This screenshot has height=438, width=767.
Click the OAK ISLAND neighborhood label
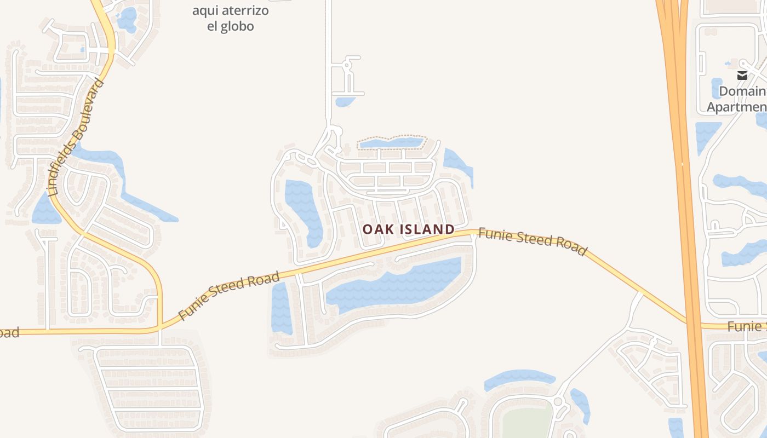pyautogui.click(x=409, y=229)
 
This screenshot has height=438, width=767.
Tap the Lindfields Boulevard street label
pyautogui.click(x=76, y=138)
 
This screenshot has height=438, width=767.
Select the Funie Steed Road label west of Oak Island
pyautogui.click(x=229, y=296)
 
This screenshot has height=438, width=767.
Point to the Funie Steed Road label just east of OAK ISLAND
pyautogui.click(x=533, y=241)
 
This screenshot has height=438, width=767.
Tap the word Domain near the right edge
pyautogui.click(x=742, y=91)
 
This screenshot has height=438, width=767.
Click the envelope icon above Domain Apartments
pyautogui.click(x=742, y=76)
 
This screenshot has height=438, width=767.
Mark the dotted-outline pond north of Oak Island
pyautogui.click(x=391, y=143)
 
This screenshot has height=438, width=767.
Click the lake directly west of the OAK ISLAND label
pyautogui.click(x=304, y=211)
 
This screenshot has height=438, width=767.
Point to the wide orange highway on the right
pyautogui.click(x=682, y=164)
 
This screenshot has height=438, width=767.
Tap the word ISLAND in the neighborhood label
pyautogui.click(x=431, y=229)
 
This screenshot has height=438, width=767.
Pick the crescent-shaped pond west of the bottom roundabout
pyautogui.click(x=519, y=378)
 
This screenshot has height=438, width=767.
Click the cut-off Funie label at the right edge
pyautogui.click(x=747, y=327)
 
